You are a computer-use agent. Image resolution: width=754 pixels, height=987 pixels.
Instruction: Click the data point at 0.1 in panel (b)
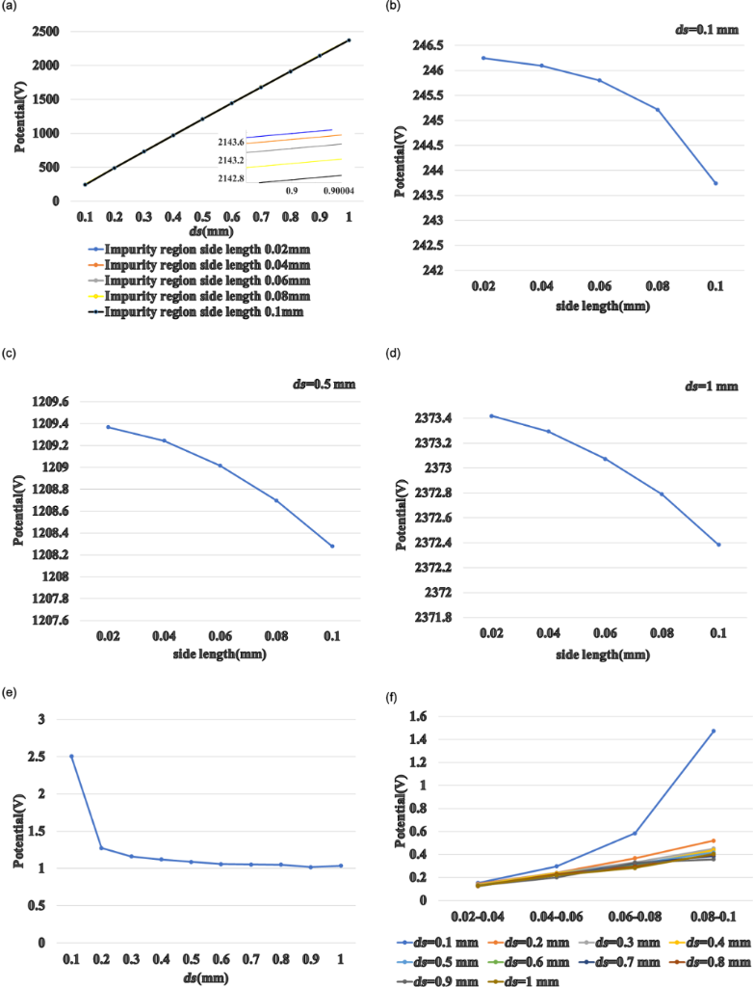tap(715, 183)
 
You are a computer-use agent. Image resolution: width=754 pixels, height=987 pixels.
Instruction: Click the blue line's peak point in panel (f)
tap(714, 731)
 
